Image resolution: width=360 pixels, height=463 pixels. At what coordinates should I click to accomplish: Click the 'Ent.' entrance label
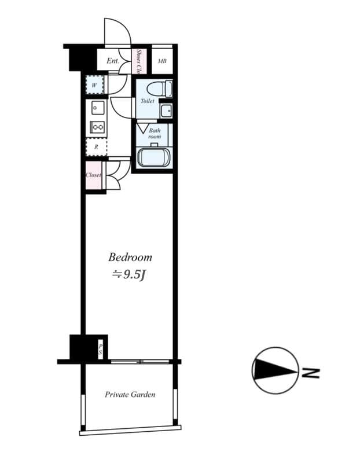tap(112, 61)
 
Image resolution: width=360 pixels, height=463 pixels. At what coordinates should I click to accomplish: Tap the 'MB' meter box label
tap(163, 61)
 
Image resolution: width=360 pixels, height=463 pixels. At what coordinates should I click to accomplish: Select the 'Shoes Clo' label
tap(139, 61)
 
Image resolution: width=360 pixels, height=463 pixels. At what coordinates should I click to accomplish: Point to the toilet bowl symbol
tap(159, 89)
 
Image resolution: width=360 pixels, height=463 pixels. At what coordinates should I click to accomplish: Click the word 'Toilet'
tap(148, 101)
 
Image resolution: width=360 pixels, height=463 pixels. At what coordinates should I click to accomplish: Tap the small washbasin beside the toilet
tap(166, 110)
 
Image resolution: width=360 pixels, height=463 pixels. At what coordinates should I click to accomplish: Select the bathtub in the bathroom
tap(153, 157)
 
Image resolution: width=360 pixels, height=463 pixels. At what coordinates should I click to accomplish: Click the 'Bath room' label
tap(155, 133)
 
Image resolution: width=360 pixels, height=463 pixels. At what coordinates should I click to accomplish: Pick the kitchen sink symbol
tap(97, 108)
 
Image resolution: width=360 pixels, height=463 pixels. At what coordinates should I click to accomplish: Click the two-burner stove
tap(97, 128)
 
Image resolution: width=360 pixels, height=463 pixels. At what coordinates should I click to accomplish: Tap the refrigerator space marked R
tap(96, 147)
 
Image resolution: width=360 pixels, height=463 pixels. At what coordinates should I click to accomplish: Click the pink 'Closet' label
tap(93, 175)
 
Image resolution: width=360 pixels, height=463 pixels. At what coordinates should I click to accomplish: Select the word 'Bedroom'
tap(131, 257)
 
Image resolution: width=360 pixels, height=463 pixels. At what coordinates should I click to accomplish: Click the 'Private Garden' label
tap(130, 395)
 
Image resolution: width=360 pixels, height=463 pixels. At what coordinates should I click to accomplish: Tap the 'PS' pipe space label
tap(100, 348)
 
